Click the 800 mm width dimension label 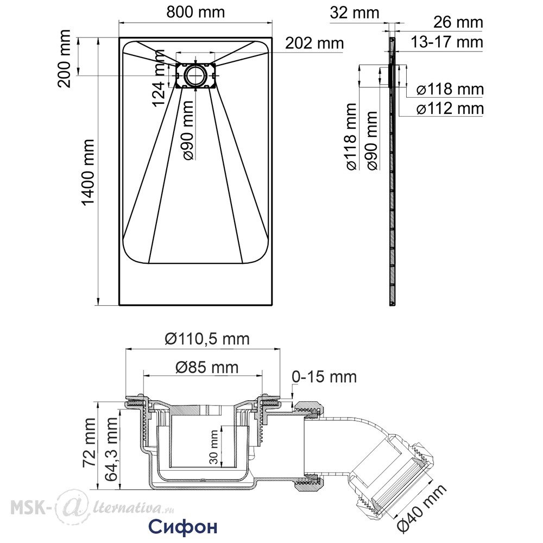pyautogui.click(x=195, y=12)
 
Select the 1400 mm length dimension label pyautogui.click(x=88, y=173)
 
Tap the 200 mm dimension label pyautogui.click(x=65, y=59)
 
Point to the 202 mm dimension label pyautogui.click(x=314, y=43)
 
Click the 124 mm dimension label pyautogui.click(x=159, y=78)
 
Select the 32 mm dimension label pyautogui.click(x=355, y=13)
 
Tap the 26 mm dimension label pyautogui.click(x=458, y=22)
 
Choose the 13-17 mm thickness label pyautogui.click(x=447, y=42)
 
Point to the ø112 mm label pyautogui.click(x=450, y=109)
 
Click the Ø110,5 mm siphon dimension pyautogui.click(x=207, y=339)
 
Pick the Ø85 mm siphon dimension pyautogui.click(x=207, y=367)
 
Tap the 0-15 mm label pyautogui.click(x=324, y=377)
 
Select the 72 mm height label pyautogui.click(x=89, y=443)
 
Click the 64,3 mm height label pyautogui.click(x=111, y=449)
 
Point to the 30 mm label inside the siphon pyautogui.click(x=214, y=447)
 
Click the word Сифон pyautogui.click(x=183, y=526)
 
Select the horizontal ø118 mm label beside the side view pyautogui.click(x=450, y=90)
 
